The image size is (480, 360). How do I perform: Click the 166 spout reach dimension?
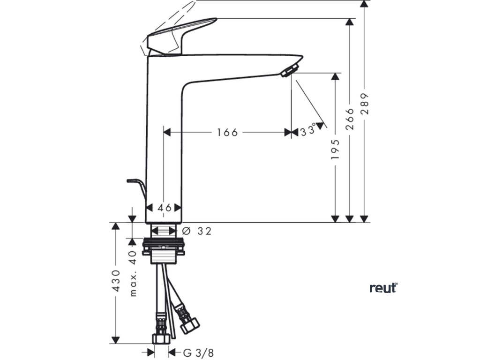227,132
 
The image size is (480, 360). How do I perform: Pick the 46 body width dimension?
164,208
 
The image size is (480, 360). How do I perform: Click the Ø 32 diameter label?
196,231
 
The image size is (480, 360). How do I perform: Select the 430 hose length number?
117,281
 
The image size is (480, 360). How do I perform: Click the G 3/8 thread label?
193,352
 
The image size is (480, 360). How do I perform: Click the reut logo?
383,287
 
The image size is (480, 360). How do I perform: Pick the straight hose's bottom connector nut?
161,338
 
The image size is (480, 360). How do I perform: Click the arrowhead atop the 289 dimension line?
364,4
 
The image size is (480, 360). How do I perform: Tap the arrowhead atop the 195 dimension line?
335,76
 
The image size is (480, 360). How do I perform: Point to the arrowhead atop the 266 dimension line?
349,22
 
